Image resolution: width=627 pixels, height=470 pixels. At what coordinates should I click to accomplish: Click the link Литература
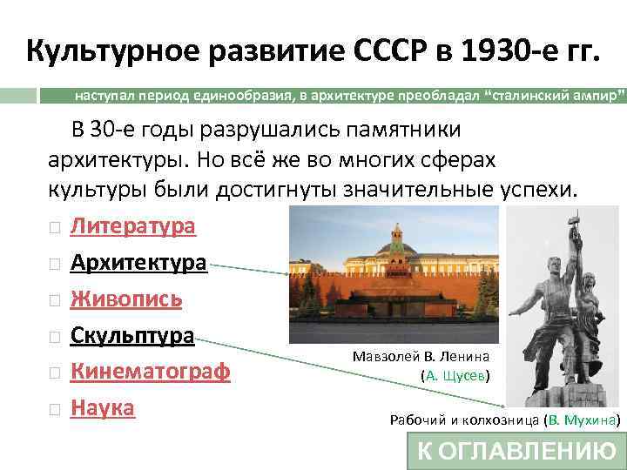tap(132, 226)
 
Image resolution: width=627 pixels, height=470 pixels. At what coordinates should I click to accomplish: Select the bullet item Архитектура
tap(138, 262)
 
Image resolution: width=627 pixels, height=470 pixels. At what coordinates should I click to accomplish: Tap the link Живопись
tap(125, 299)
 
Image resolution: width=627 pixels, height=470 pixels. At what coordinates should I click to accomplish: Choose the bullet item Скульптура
tap(131, 335)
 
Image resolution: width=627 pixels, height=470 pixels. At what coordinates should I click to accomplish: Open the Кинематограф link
tap(150, 371)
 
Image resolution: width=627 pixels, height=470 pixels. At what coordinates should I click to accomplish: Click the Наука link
tap(102, 406)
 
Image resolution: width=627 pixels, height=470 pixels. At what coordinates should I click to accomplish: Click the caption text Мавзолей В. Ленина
tap(421, 356)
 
